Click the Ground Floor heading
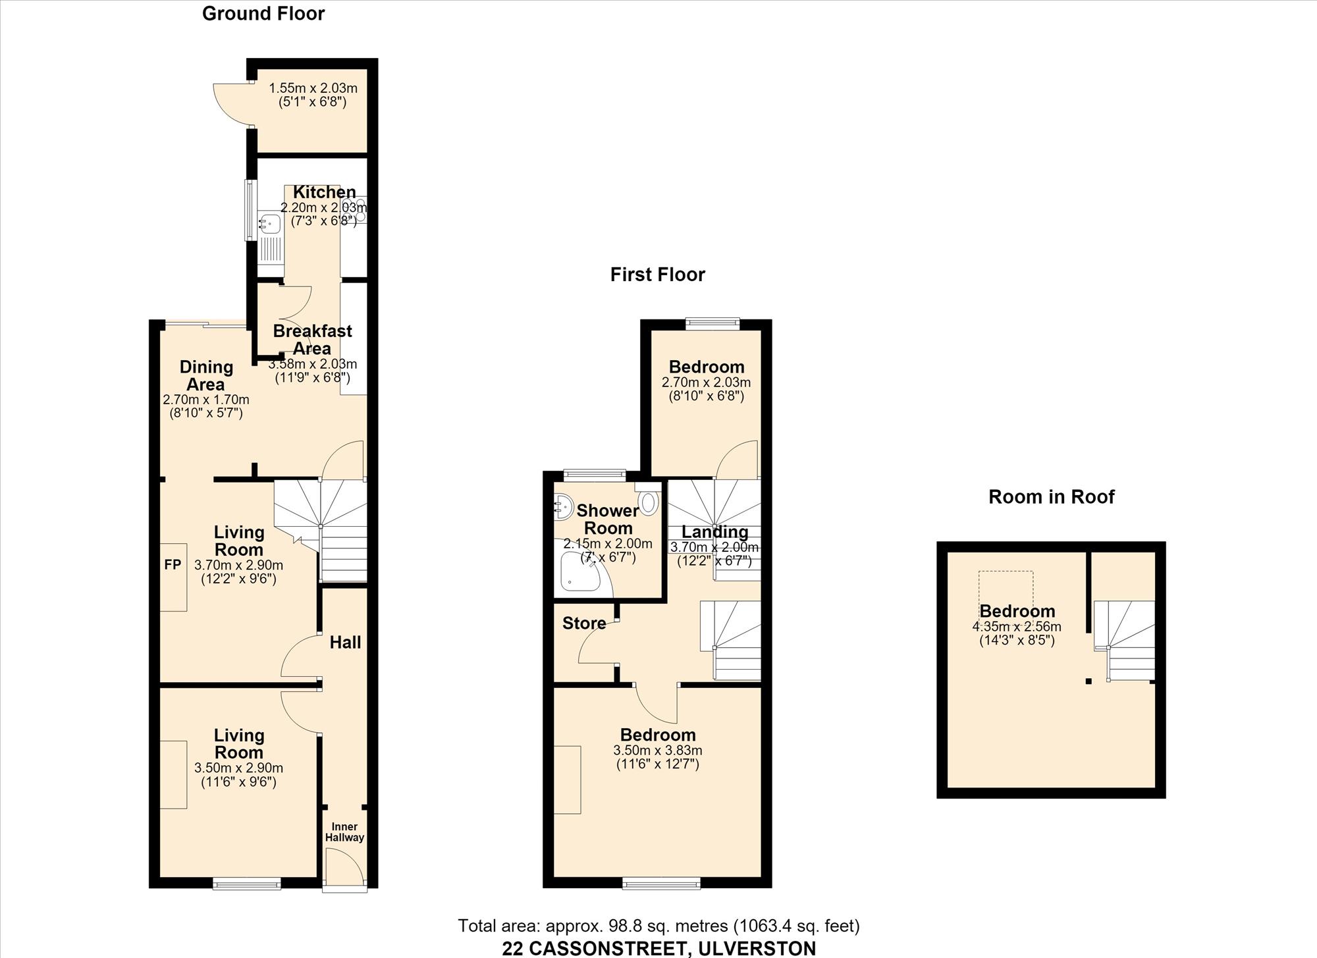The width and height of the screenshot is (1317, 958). pyautogui.click(x=263, y=14)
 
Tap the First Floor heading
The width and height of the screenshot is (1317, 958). pyautogui.click(x=658, y=275)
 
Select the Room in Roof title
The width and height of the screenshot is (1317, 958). pyautogui.click(x=1052, y=496)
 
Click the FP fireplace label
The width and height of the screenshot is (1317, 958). pyautogui.click(x=173, y=565)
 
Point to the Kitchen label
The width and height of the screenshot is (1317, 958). pyautogui.click(x=324, y=192)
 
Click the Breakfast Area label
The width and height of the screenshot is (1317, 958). pyautogui.click(x=312, y=340)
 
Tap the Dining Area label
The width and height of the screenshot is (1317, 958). pyautogui.click(x=206, y=375)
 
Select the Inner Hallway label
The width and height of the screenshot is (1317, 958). pyautogui.click(x=344, y=832)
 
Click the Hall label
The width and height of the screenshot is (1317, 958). pyautogui.click(x=345, y=642)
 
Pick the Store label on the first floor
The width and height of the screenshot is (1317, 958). pyautogui.click(x=584, y=623)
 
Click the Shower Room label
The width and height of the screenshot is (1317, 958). pyautogui.click(x=608, y=519)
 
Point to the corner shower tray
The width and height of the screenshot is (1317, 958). pyautogui.click(x=579, y=572)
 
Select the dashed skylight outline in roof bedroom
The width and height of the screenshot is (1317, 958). pyautogui.click(x=1006, y=593)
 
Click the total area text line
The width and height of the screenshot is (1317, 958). pyautogui.click(x=658, y=926)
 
